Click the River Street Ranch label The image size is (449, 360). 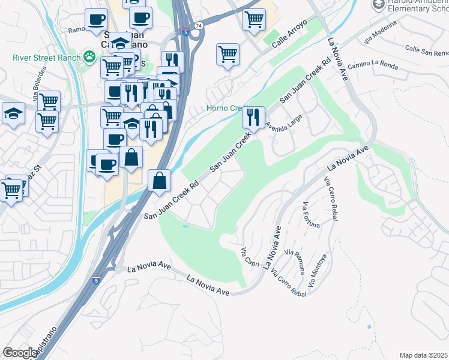pyautogui.click(x=46, y=58)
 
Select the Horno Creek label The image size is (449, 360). pyautogui.click(x=224, y=109)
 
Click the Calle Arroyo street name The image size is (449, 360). pyautogui.click(x=289, y=34)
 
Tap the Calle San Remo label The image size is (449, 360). pyautogui.click(x=426, y=50)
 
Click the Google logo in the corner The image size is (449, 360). pyautogui.click(x=19, y=353)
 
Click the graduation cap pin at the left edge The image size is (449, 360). pyautogui.click(x=13, y=113)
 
